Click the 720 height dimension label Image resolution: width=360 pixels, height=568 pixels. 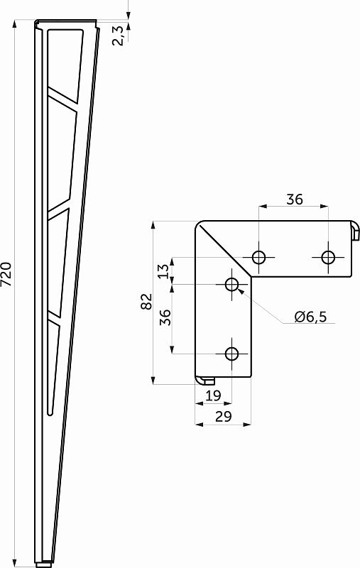click(6, 274)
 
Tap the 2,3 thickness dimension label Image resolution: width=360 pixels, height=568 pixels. click(120, 34)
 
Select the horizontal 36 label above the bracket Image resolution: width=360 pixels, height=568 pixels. click(294, 200)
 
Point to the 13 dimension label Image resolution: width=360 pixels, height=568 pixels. click(164, 271)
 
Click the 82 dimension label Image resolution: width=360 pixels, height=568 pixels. click(146, 301)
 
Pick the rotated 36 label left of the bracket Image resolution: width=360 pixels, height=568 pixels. click(164, 317)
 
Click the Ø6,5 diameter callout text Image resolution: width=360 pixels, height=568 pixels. click(310, 317)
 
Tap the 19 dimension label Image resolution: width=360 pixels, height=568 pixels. click(212, 395)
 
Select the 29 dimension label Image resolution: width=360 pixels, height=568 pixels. click(223, 417)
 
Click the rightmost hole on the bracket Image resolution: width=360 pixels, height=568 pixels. click(328, 257)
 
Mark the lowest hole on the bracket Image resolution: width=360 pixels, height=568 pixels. click(232, 354)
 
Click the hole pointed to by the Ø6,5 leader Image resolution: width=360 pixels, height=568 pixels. click(232, 285)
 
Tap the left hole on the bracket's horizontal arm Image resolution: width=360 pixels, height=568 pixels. click(260, 257)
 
